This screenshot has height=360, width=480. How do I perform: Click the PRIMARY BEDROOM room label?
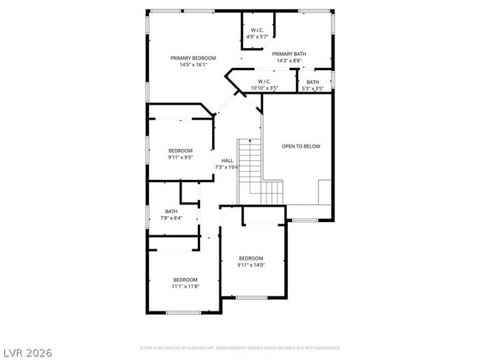tap(193, 58)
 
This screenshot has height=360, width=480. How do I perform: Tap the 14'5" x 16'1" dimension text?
tap(193, 65)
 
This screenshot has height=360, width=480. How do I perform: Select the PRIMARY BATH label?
tap(289, 54)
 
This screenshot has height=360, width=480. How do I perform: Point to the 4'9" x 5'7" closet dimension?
tap(257, 36)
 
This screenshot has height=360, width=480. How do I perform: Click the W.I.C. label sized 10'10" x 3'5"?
tap(264, 82)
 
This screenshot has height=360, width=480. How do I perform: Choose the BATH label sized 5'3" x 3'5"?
tap(313, 82)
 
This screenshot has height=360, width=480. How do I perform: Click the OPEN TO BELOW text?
tap(301, 146)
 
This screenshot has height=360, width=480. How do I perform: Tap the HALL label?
tap(227, 161)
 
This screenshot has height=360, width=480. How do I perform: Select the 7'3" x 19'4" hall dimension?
tap(227, 167)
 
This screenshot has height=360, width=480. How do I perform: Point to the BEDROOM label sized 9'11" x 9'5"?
tap(180, 150)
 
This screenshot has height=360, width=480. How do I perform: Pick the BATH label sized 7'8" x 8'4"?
tap(171, 212)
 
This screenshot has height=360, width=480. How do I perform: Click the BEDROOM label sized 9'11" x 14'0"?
tap(251, 258)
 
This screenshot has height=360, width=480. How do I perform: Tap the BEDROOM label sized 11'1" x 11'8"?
tap(185, 280)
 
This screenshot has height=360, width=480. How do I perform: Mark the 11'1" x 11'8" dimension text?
tap(185, 286)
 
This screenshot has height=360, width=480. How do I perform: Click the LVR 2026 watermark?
tap(28, 352)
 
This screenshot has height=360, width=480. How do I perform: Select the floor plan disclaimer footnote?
tap(239, 347)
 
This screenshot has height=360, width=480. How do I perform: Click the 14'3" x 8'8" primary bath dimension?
tap(289, 60)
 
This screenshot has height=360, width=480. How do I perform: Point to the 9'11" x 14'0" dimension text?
tap(251, 265)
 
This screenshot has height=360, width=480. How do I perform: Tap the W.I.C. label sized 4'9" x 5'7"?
tap(257, 30)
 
